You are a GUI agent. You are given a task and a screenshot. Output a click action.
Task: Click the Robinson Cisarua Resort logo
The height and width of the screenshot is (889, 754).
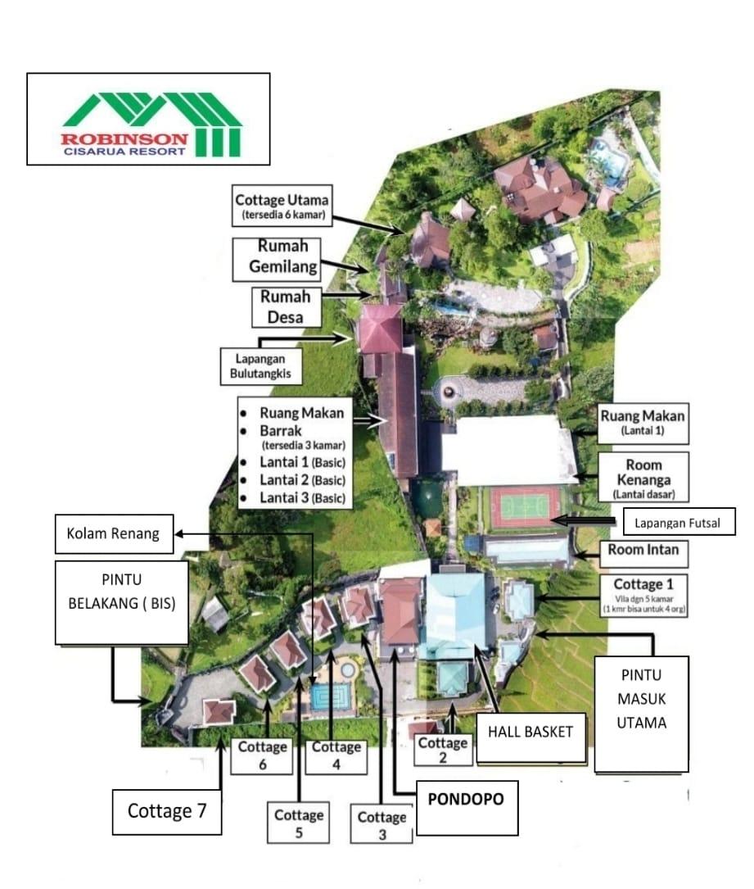coord(148,119)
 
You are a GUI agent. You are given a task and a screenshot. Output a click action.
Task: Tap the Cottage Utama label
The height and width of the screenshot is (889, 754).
coord(282,206)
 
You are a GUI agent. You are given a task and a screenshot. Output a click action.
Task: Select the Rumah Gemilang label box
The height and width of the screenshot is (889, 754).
coord(277,260)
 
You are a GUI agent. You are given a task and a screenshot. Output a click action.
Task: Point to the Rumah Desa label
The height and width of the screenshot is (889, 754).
coord(287,307)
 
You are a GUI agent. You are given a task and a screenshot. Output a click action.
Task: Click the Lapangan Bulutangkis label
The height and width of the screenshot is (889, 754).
coord(261,366)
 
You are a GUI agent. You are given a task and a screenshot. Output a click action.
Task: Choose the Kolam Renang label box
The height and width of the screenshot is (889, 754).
coord(114,533)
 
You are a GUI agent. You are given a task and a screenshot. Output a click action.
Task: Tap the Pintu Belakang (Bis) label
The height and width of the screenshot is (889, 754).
coord(122,603)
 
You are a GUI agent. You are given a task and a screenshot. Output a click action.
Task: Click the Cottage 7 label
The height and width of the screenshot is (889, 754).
coord(166,811)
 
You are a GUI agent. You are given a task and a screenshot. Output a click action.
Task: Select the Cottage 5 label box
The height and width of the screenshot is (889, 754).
coord(299,823)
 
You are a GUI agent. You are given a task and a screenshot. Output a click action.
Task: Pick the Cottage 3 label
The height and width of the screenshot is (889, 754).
coord(382,825)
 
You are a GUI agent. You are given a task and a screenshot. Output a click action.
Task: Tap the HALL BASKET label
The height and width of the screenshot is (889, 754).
coord(531,737)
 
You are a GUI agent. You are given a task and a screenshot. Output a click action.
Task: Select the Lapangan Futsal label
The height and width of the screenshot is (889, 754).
coord(679,522)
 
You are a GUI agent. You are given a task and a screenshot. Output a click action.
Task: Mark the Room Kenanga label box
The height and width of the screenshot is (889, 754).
coord(643,477)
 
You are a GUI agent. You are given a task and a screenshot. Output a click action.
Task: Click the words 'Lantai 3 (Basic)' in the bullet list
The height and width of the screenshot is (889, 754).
coord(303,497)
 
